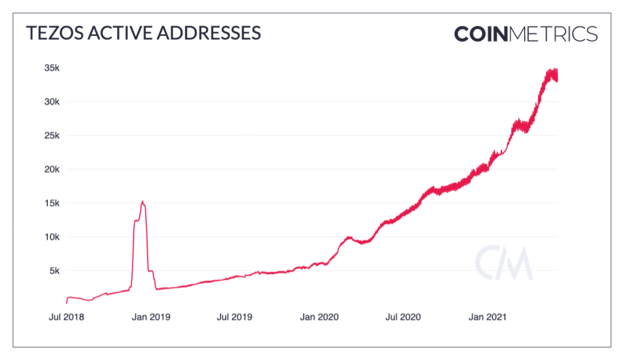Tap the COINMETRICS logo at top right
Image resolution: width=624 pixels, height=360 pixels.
pyautogui.click(x=525, y=34)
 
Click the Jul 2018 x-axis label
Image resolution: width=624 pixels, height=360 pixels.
pyautogui.click(x=66, y=317)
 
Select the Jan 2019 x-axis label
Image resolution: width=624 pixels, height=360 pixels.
pyautogui.click(x=151, y=317)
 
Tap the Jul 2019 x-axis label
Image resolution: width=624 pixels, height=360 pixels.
pyautogui.click(x=234, y=317)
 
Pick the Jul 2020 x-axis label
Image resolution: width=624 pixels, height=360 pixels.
pyautogui.click(x=402, y=317)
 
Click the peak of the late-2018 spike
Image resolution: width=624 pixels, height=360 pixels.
pyautogui.click(x=142, y=201)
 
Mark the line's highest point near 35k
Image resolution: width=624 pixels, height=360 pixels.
pyautogui.click(x=555, y=69)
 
